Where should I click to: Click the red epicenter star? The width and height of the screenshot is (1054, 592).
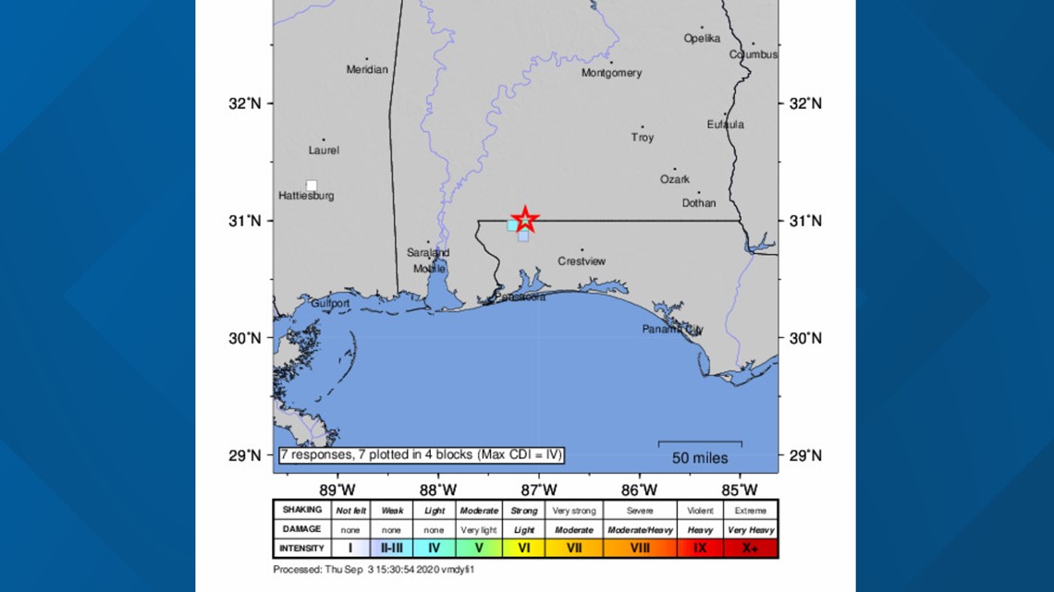click(525, 220)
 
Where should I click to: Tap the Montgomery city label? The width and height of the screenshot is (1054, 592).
click(611, 73)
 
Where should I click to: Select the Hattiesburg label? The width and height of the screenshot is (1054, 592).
click(306, 196)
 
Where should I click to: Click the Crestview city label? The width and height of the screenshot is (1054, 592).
click(582, 261)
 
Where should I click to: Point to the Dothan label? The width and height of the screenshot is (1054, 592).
click(699, 203)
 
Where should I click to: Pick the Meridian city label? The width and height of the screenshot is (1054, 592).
click(367, 69)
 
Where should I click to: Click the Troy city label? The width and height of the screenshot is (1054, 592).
click(642, 138)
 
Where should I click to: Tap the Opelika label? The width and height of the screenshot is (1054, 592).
click(702, 39)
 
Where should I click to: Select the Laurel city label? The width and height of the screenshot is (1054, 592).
click(324, 150)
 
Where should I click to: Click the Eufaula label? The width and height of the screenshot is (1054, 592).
click(725, 125)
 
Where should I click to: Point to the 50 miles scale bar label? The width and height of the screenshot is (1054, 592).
click(699, 458)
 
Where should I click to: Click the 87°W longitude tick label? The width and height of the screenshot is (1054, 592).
click(538, 489)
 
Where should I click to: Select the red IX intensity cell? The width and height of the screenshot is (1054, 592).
click(699, 549)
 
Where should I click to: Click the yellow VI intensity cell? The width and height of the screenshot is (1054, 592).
click(523, 549)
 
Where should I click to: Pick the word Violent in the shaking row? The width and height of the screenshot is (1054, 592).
click(699, 510)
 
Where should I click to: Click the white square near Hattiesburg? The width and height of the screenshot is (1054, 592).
click(312, 186)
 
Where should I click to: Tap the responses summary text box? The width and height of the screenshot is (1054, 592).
click(421, 454)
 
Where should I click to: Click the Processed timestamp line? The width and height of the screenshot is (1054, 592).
click(374, 569)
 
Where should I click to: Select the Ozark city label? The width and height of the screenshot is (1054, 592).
click(674, 179)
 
